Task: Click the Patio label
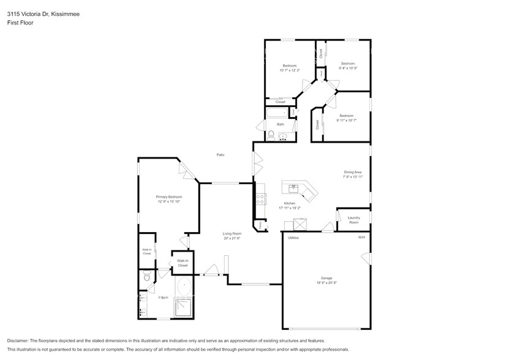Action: pyautogui.click(x=220, y=155)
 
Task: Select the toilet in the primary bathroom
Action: pyautogui.click(x=147, y=278)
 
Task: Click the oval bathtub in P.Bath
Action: pyautogui.click(x=184, y=286)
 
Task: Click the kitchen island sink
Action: pyautogui.click(x=293, y=187)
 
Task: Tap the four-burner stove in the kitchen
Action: pyautogui.click(x=260, y=198)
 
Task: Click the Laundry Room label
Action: pyautogui.click(x=353, y=220)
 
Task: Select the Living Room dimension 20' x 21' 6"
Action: pyautogui.click(x=232, y=238)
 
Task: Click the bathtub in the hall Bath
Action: pyautogui.click(x=277, y=114)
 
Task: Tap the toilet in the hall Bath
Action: pyautogui.click(x=270, y=135)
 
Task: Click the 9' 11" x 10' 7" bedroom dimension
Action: pyautogui.click(x=346, y=120)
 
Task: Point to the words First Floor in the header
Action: pyautogui.click(x=20, y=23)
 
